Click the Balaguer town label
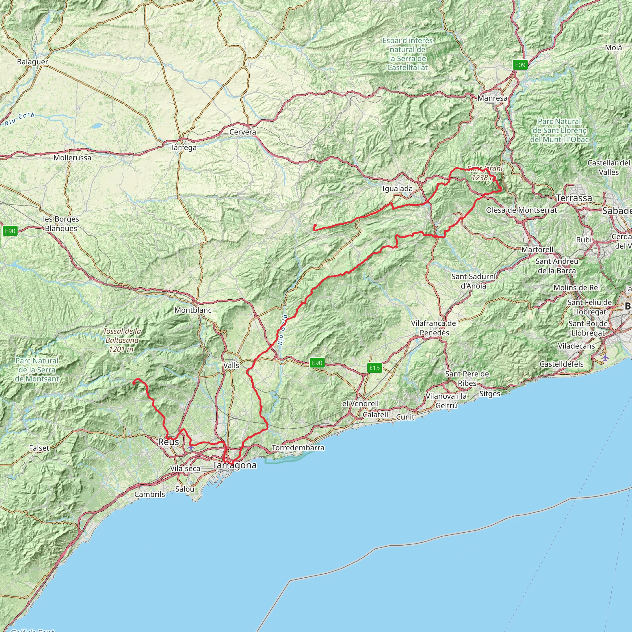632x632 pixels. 32,62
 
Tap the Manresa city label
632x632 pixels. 492,98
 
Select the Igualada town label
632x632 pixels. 397,189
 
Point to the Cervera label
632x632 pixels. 243,132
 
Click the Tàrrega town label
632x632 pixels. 183,148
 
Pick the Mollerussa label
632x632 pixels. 72,158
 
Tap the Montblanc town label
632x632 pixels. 193,310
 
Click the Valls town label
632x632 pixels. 231,365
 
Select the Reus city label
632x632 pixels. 168,442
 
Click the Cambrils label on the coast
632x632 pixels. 150,494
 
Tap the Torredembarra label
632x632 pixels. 298,447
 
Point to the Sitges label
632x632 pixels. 490,394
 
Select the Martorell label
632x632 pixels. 538,250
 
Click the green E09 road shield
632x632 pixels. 520,65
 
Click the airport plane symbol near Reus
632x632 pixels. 191,447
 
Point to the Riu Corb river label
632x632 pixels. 20,119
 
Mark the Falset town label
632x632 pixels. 39,448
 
